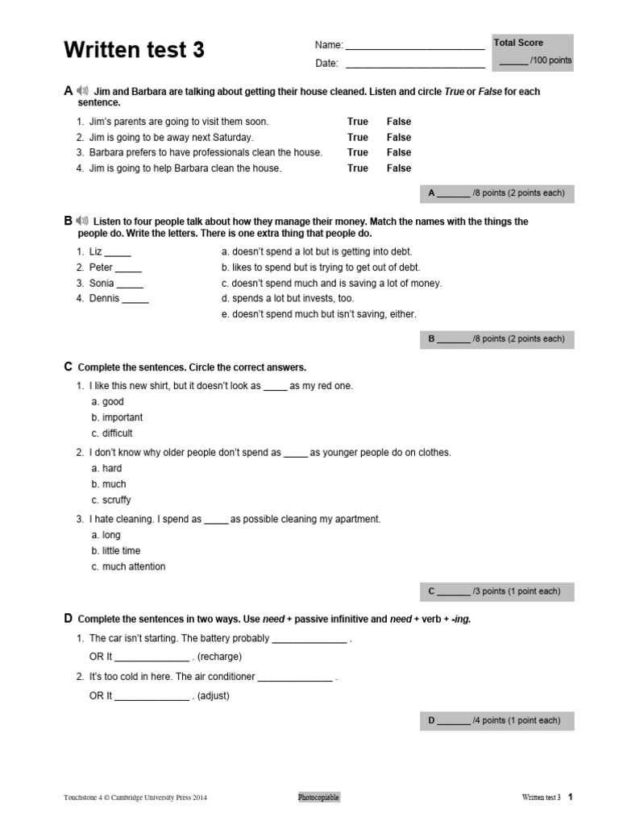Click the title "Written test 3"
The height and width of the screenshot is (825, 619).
point(134,51)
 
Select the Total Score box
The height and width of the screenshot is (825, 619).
point(533,52)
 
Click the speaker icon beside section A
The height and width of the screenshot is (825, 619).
point(82,91)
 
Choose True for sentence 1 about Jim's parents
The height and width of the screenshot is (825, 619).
point(357,122)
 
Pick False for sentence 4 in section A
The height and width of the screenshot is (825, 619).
point(398,168)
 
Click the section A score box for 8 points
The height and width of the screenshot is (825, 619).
point(496,193)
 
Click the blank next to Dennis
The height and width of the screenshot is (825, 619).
point(135,300)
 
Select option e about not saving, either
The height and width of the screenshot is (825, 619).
point(318,314)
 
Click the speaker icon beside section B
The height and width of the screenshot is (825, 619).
point(82,221)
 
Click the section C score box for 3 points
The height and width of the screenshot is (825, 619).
point(496,591)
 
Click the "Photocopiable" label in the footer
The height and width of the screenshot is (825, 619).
point(318,798)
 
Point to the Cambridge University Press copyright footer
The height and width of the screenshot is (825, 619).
point(135,798)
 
